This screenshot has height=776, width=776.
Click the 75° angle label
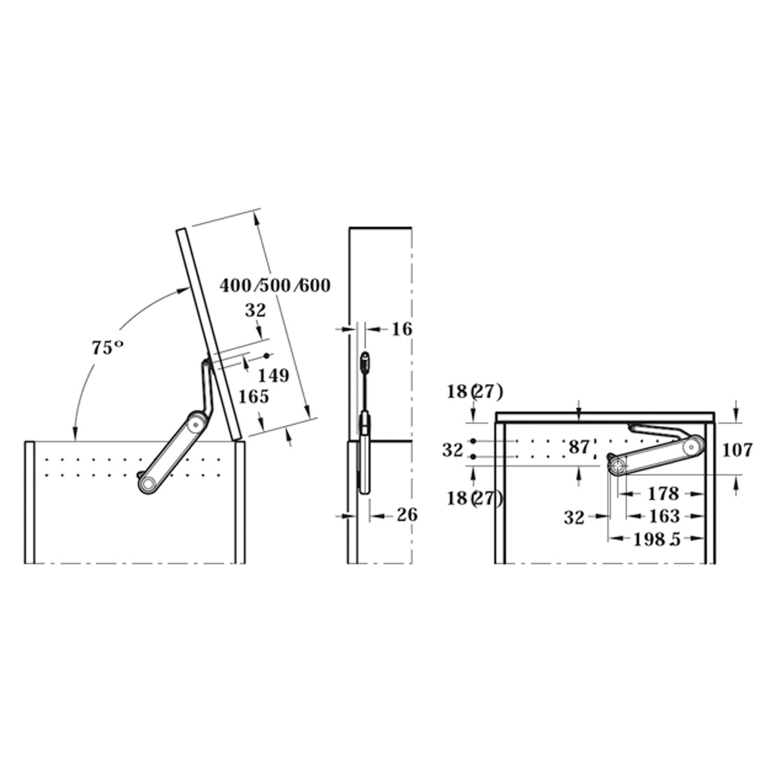coord(107,347)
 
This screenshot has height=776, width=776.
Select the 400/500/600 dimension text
coord(275,286)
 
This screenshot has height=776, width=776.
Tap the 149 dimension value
coord(274,376)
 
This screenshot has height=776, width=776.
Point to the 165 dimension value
coord(253,396)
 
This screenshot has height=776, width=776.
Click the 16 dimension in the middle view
coord(402,329)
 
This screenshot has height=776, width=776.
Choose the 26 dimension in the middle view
coord(407,515)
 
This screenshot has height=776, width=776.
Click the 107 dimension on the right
coord(737,450)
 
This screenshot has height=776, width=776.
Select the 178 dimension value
coord(663,493)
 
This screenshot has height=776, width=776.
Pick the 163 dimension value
coord(664,516)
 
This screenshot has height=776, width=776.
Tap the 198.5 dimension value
coord(657,539)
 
